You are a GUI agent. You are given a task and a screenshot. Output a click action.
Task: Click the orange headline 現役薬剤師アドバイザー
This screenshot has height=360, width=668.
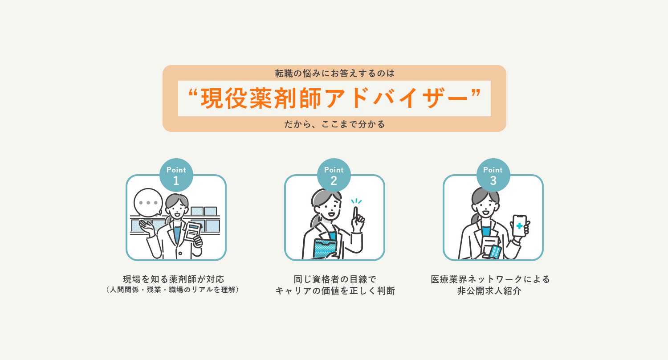coord(334,98)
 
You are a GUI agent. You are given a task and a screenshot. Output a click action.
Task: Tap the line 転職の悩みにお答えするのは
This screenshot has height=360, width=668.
coord(334,73)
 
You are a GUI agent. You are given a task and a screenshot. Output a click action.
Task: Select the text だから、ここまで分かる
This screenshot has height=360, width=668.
coord(334,124)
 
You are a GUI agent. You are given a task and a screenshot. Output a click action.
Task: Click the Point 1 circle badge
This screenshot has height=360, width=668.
coord(176,175)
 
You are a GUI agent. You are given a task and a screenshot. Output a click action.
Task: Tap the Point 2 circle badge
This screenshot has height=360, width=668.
coord(334,175)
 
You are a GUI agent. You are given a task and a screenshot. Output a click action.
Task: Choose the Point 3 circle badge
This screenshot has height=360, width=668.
coord(493,175)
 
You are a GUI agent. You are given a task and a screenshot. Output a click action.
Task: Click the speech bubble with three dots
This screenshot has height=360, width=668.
coord(148,203)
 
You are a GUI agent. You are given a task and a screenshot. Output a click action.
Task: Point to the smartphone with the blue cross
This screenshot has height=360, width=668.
coord(519,226)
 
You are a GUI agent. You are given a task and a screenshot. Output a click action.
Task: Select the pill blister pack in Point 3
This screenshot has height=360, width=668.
coord(495,252)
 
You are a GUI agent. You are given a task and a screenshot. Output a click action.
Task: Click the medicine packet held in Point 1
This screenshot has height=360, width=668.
coord(193,231)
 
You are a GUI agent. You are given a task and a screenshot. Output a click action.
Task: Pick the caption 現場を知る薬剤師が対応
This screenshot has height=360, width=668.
coord(173,279)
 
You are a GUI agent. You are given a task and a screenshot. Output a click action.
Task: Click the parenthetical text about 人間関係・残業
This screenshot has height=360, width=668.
coord(173,290)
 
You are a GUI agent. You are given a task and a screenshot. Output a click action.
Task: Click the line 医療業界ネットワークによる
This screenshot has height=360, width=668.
coord(490,279)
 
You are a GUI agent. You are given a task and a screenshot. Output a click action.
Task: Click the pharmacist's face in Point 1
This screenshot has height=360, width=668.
coord(177,207)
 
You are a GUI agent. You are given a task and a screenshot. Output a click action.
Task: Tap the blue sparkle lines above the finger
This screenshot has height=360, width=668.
coord(356,201)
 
